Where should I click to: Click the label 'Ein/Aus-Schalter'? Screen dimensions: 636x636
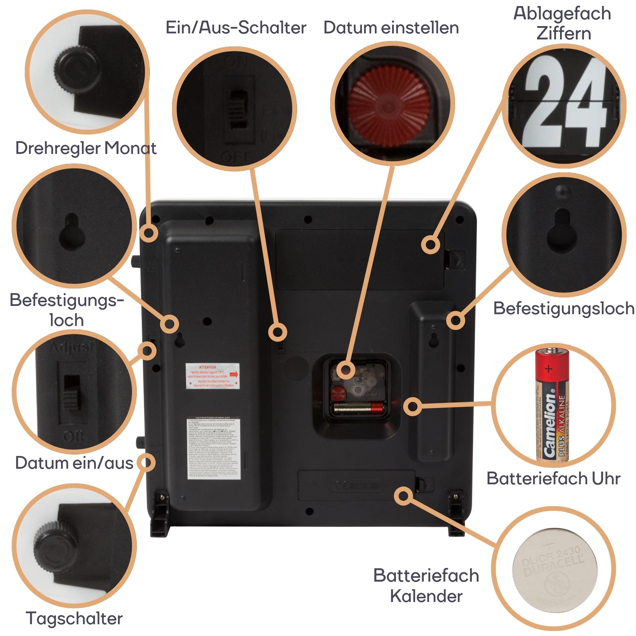[x=236, y=28]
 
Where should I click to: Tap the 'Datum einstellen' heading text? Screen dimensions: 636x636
[x=391, y=28]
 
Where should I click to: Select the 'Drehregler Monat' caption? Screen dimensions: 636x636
[x=86, y=148]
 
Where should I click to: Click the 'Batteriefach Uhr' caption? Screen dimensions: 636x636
[x=553, y=478]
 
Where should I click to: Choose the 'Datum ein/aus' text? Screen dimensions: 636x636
[x=74, y=463]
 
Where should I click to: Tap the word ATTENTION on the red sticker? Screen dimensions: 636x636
[x=207, y=367]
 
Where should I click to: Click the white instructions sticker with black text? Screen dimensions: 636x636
[x=213, y=448]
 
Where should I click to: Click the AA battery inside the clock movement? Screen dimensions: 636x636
[x=359, y=408]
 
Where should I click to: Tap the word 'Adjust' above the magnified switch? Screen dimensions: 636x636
[x=73, y=347]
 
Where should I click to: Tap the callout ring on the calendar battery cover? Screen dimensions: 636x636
[x=403, y=496]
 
